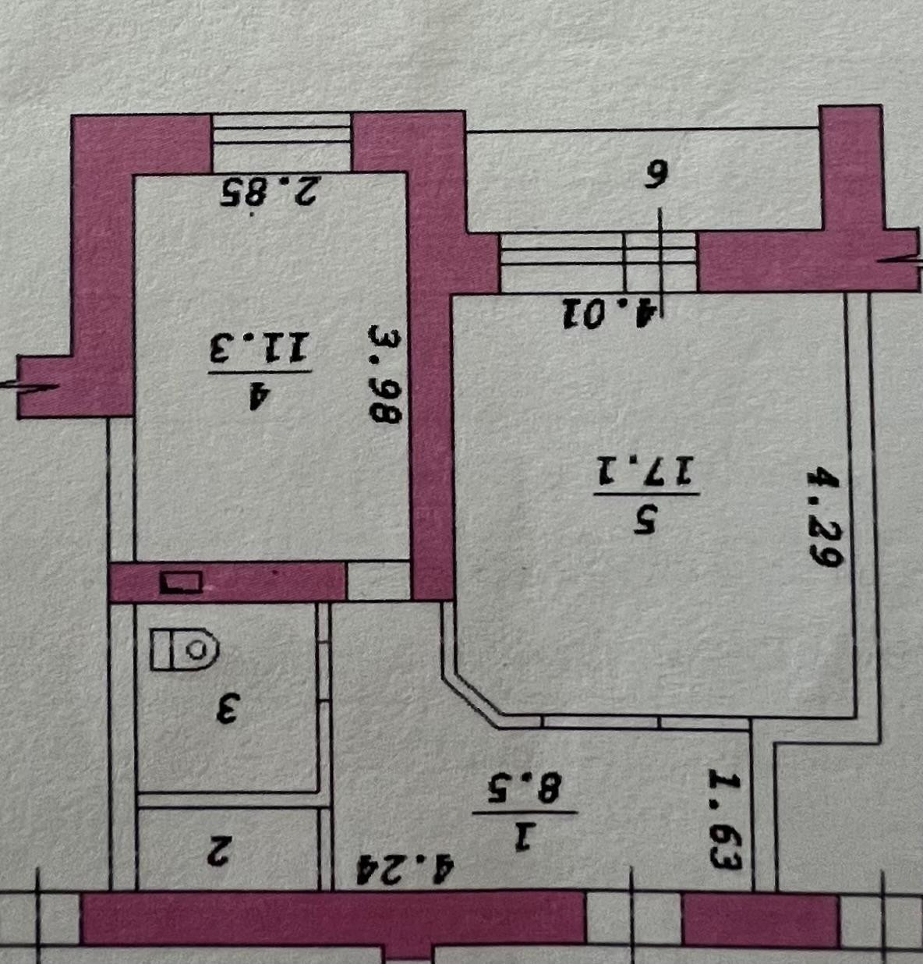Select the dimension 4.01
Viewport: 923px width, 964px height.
[x=610, y=314]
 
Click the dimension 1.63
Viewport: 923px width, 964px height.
[x=725, y=820]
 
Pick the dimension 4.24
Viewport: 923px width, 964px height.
[x=405, y=869]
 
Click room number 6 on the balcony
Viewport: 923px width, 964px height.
[x=656, y=175]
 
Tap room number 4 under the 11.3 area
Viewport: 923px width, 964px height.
[x=260, y=395]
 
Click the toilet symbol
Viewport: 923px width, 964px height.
[x=185, y=649]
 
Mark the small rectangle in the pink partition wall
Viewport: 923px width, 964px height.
[x=181, y=582]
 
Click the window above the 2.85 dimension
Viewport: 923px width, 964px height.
[x=281, y=141]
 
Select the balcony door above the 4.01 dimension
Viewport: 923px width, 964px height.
[x=598, y=261]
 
